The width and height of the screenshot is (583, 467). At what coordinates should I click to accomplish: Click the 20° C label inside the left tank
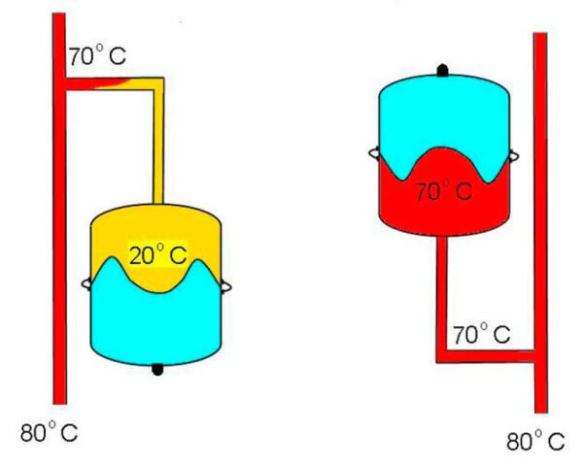[157, 257]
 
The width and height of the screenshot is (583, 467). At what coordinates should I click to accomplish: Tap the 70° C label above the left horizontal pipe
[96, 57]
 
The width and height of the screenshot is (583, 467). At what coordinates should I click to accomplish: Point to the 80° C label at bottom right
[534, 442]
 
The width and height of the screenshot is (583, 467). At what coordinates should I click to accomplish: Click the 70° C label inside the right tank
[443, 191]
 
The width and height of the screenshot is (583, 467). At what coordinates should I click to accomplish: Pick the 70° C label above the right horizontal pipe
[481, 336]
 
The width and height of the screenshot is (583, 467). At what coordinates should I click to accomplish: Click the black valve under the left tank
[157, 368]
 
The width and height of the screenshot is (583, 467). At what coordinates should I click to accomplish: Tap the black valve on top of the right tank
[443, 70]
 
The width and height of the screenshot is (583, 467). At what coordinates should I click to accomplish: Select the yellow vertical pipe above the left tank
[157, 146]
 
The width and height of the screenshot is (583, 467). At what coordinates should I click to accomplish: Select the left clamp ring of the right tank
[374, 152]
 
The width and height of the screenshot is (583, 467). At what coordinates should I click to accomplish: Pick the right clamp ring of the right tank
[513, 154]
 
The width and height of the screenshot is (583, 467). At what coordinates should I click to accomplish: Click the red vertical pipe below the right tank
[441, 291]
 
